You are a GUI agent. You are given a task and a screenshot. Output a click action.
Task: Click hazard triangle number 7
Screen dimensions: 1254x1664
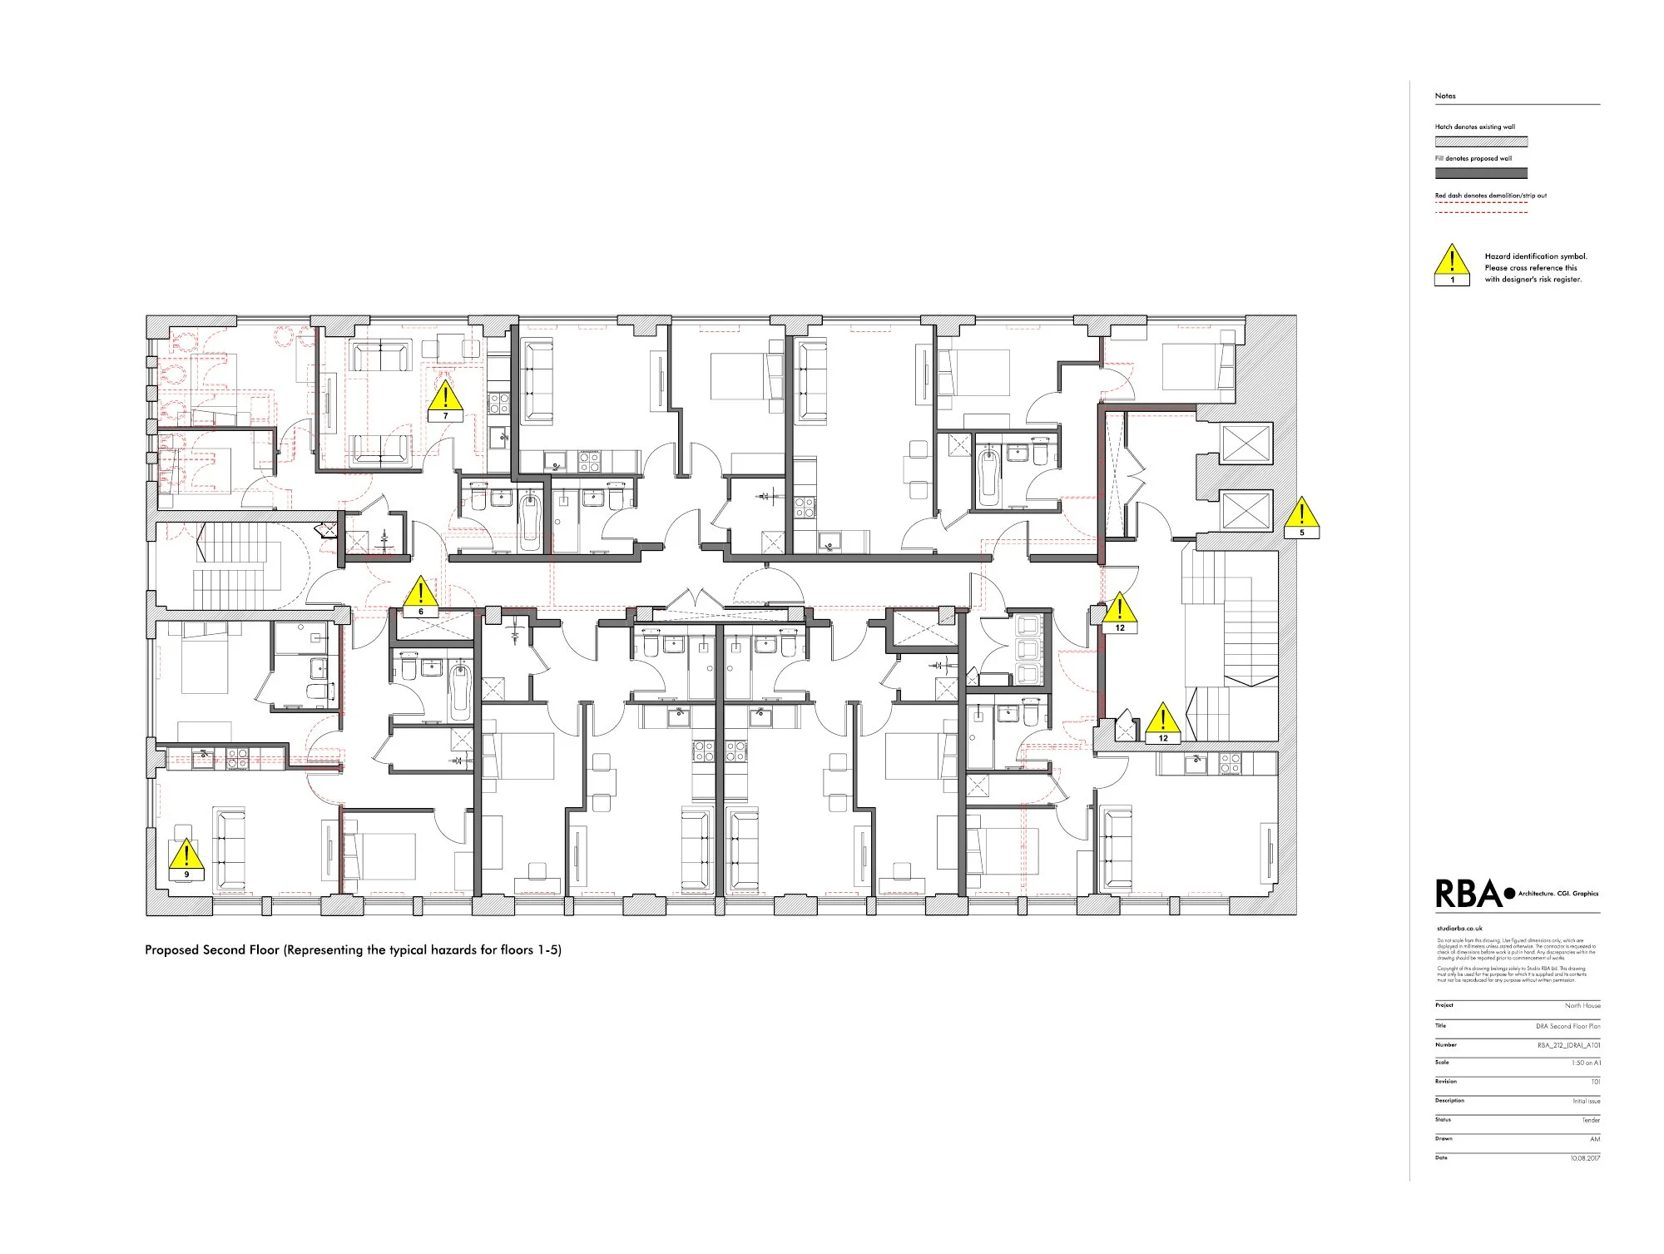pyautogui.click(x=445, y=400)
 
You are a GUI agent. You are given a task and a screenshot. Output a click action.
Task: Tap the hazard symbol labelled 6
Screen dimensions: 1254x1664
pyautogui.click(x=421, y=596)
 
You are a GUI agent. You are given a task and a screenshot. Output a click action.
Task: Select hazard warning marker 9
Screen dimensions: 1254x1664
pyautogui.click(x=186, y=859)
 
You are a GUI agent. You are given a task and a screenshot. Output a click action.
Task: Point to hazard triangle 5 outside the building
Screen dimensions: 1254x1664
pyautogui.click(x=1302, y=517)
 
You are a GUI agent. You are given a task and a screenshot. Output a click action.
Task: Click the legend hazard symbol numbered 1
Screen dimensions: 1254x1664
pyautogui.click(x=1453, y=264)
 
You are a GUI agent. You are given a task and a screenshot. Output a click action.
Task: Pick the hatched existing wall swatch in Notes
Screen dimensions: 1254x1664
pyautogui.click(x=1481, y=142)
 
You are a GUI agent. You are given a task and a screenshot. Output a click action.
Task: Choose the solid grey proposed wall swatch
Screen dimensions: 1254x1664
pyautogui.click(x=1481, y=173)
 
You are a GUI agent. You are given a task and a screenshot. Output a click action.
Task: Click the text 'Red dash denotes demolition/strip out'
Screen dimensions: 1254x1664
pyautogui.click(x=1490, y=196)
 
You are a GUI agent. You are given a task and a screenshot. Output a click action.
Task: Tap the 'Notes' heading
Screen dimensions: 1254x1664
pyautogui.click(x=1445, y=96)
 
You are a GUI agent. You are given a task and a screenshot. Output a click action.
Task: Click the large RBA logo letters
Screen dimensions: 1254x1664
pyautogui.click(x=1468, y=895)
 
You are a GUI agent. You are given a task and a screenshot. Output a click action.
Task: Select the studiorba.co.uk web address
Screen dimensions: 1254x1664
pyautogui.click(x=1459, y=928)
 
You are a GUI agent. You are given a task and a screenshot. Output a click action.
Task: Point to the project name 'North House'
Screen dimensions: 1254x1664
pyautogui.click(x=1582, y=1006)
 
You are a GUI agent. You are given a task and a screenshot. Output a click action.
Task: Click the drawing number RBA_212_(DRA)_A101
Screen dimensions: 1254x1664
pyautogui.click(x=1568, y=1045)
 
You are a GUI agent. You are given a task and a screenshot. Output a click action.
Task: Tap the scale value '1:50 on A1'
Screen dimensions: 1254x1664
pyautogui.click(x=1585, y=1063)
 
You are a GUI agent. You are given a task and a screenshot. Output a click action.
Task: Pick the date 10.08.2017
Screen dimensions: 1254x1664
pyautogui.click(x=1584, y=1158)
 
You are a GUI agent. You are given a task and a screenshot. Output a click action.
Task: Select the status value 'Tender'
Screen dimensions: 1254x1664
pyautogui.click(x=1590, y=1121)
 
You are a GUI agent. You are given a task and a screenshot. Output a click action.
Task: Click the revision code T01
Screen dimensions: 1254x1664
pyautogui.click(x=1595, y=1083)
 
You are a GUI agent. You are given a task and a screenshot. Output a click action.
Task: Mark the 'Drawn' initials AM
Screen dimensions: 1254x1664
pyautogui.click(x=1595, y=1139)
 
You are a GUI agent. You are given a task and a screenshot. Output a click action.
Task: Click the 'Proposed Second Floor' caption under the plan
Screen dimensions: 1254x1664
pyautogui.click(x=353, y=950)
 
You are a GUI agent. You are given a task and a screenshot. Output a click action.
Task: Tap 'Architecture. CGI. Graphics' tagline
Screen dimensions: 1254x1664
pyautogui.click(x=1558, y=894)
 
